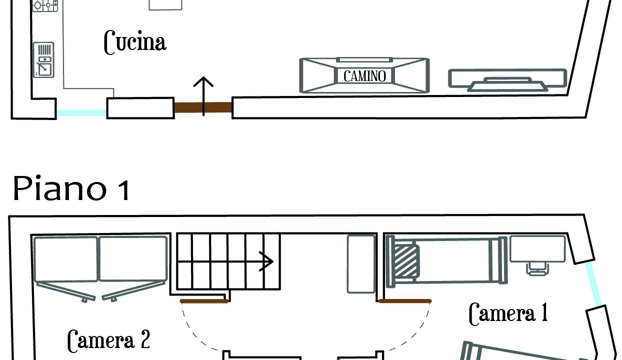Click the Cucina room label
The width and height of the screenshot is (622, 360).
click(134, 42)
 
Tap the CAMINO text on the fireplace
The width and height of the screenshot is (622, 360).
click(364, 76)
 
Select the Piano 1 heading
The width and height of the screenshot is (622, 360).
click(71, 189)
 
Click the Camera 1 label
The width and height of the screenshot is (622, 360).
click(508, 313)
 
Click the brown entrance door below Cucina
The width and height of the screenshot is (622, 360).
click(203, 107)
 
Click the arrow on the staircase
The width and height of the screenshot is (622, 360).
click(266, 261)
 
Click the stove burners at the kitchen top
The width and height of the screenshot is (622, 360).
click(45, 5)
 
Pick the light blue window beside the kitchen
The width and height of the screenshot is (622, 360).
click(81, 113)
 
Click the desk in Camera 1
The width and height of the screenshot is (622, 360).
click(538, 249)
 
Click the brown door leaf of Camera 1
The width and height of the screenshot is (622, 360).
click(405, 301)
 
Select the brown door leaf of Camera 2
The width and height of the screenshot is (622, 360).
click(204, 301)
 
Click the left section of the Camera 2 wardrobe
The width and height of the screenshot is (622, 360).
click(65, 259)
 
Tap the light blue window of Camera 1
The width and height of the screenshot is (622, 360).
click(593, 283)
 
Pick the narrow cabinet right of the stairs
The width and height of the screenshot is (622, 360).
click(361, 263)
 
